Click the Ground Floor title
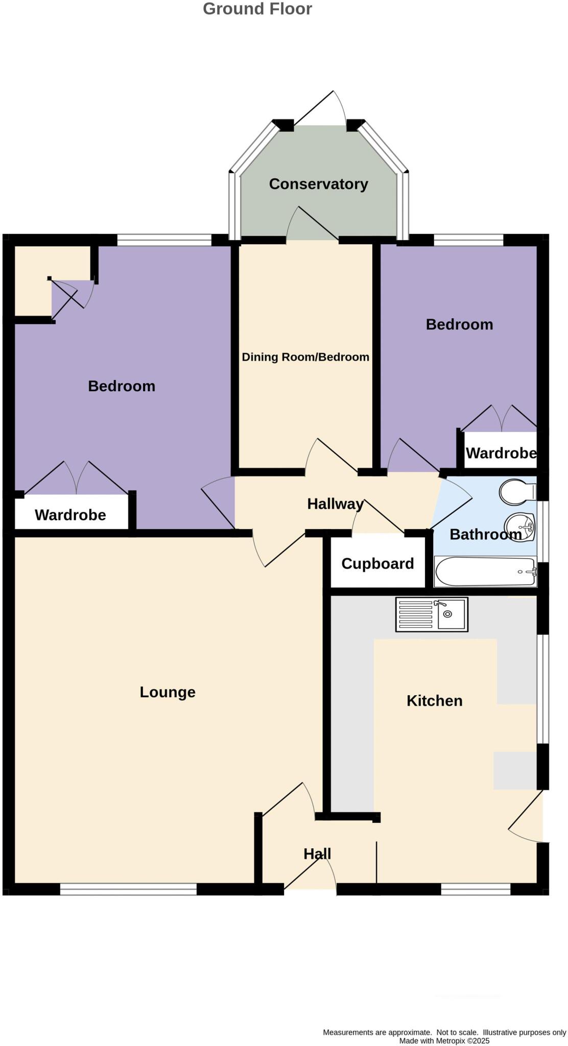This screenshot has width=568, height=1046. coord(257,9)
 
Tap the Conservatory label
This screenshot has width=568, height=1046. coord(318,184)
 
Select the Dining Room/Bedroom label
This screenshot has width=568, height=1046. coord(305,357)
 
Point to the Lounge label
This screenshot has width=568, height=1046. coord(168,692)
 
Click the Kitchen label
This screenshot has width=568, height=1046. coord(434,701)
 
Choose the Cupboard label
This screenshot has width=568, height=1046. coord(377,563)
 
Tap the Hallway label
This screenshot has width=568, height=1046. coord(335,504)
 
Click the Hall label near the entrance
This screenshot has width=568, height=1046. coord(317,854)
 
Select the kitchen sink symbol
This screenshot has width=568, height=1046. coord(432,615)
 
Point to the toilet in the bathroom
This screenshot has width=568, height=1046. coord(516,491)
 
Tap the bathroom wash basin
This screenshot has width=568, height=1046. coord(519,525)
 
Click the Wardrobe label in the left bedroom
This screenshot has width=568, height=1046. coord(70,515)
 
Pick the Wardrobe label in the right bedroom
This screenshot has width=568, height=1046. coord(501,453)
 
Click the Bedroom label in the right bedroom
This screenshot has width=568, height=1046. coord(459,324)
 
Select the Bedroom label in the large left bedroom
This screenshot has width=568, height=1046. coord(122,386)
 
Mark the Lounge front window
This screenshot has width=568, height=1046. coord(128,889)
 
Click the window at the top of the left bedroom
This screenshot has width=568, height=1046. coord(164,240)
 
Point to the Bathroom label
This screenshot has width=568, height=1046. coord(485,535)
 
